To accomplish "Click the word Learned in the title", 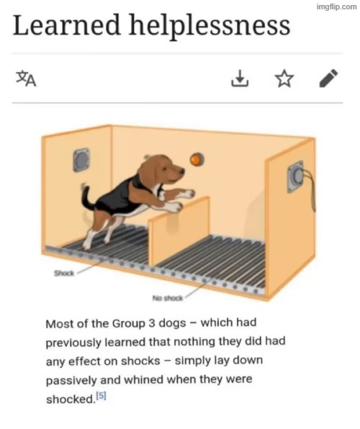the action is click(x=66, y=25).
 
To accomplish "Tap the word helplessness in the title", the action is click(x=210, y=27).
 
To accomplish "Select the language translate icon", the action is click(x=26, y=78).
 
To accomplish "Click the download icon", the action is click(x=240, y=78).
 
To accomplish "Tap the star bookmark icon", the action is click(x=284, y=78).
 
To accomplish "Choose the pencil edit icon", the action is click(x=328, y=78).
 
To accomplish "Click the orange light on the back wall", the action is click(x=197, y=159).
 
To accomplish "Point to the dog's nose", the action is click(x=181, y=172).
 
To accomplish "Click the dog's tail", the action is click(x=88, y=199).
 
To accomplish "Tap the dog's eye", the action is click(x=164, y=168).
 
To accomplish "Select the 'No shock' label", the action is click(x=168, y=298).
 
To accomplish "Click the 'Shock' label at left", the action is click(x=64, y=273).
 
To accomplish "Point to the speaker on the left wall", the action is click(x=81, y=160).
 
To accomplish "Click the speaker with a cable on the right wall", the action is click(x=296, y=176).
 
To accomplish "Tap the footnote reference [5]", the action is click(x=102, y=396).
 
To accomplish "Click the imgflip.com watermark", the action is click(x=336, y=6).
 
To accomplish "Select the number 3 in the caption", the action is click(x=152, y=323).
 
